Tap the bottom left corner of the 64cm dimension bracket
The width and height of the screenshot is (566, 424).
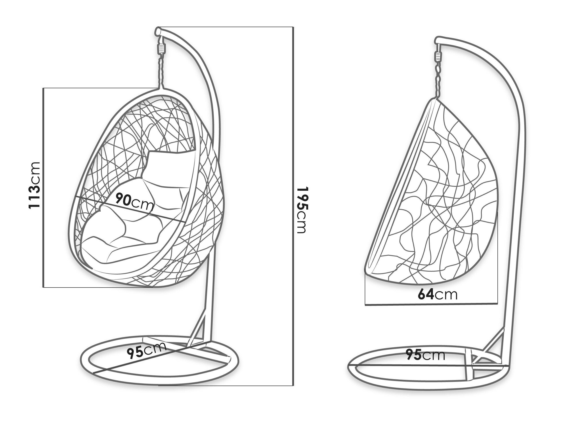365,305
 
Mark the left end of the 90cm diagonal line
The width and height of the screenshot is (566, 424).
76,197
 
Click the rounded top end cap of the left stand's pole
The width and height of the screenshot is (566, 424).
158,31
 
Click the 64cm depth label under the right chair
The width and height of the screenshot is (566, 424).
438,294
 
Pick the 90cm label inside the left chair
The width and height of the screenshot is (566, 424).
135,202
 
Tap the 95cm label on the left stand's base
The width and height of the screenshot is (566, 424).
147,351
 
